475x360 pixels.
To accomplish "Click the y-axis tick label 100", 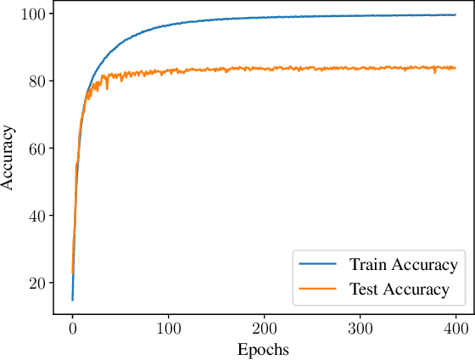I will pyautogui.click(x=35, y=14).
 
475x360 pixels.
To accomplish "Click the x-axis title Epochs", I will pyautogui.click(x=263, y=349).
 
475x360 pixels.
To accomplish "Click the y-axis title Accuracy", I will pyautogui.click(x=9, y=158).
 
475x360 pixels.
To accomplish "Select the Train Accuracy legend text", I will pyautogui.click(x=404, y=264).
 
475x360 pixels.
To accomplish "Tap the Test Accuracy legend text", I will pyautogui.click(x=399, y=290).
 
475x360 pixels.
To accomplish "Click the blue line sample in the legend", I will pyautogui.click(x=318, y=264).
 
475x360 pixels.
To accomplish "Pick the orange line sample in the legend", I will pyautogui.click(x=318, y=290).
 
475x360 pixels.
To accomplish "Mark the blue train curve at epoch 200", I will pyautogui.click(x=265, y=17).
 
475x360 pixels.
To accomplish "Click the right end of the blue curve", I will pyautogui.click(x=456, y=14).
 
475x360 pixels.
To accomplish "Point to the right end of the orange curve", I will pyautogui.click(x=456, y=68).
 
